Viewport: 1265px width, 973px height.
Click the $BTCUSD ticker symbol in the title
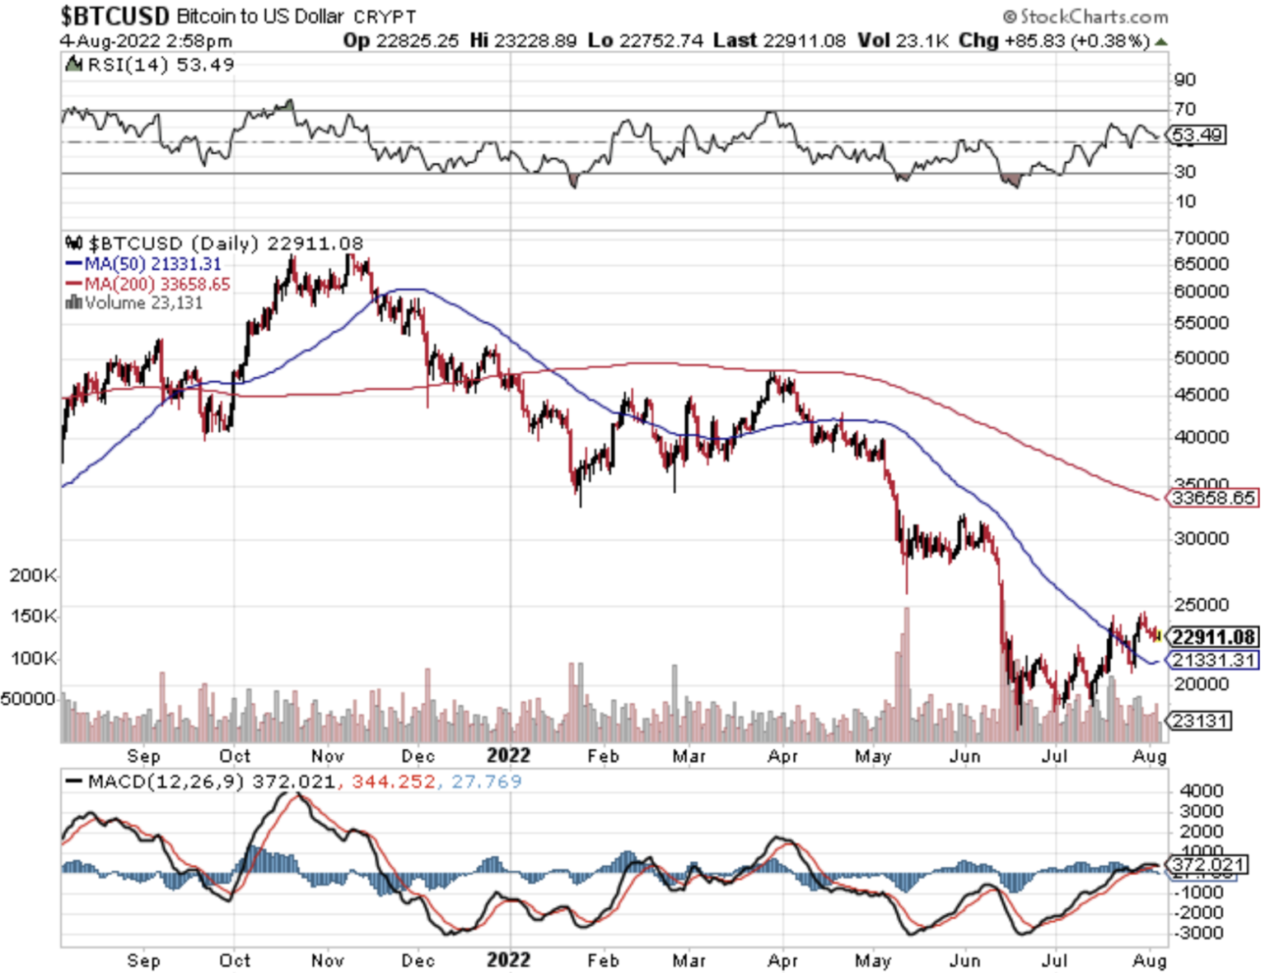(114, 16)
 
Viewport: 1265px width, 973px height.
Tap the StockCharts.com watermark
(1085, 16)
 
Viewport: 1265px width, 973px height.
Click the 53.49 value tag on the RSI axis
(1197, 135)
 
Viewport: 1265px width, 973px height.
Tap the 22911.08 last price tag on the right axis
(1213, 637)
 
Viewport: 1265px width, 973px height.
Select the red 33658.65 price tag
(1213, 498)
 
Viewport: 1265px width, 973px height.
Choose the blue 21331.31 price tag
(1213, 660)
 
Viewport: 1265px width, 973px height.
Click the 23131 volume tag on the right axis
(1201, 721)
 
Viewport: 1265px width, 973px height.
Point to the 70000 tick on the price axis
(1201, 238)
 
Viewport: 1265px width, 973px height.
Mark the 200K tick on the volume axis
(33, 575)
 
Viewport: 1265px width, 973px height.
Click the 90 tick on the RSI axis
(1185, 80)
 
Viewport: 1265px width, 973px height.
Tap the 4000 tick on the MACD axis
(1201, 791)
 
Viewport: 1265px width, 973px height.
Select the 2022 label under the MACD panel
(508, 960)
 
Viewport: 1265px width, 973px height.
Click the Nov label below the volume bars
(327, 756)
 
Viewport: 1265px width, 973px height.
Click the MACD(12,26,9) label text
(166, 781)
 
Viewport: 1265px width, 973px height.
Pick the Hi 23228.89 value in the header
(523, 40)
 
